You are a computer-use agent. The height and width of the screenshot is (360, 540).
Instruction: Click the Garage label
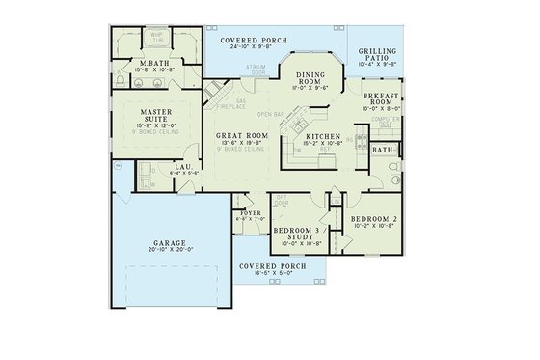(169, 244)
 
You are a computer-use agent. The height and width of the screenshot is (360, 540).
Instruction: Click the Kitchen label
(322, 138)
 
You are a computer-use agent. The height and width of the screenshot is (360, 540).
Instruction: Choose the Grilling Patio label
(376, 54)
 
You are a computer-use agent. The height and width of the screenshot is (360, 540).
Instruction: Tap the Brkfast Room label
(375, 98)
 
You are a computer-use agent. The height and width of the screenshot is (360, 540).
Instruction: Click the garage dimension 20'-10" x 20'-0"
(169, 253)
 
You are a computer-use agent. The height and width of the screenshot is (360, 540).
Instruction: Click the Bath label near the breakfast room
(382, 151)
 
